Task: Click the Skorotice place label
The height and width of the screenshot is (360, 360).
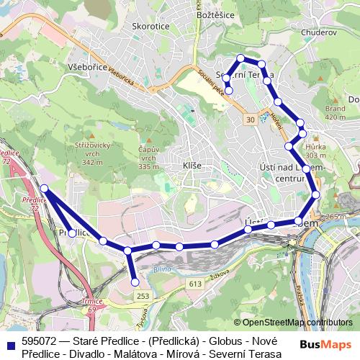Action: tap(150, 26)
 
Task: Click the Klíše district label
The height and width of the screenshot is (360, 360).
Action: tap(192, 166)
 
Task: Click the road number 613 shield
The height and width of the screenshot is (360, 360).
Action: tap(196, 284)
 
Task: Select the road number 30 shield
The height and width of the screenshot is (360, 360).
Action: tap(250, 117)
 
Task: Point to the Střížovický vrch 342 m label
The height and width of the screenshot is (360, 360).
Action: tap(99, 154)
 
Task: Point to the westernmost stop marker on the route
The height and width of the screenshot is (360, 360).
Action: tap(44, 189)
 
